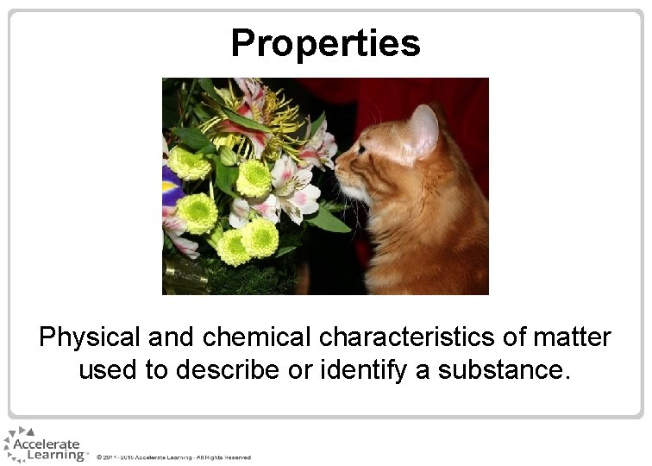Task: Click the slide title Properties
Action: point(325,42)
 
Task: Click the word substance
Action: point(505,370)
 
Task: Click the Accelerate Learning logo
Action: point(43,444)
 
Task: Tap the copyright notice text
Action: point(173,457)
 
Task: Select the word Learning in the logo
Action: point(55,455)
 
